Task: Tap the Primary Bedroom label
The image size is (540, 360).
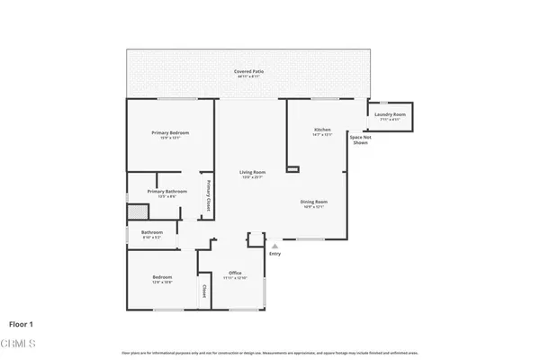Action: pos(170,133)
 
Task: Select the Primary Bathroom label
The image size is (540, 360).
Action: pos(166,191)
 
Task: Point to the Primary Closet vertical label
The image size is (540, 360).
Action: pos(209,193)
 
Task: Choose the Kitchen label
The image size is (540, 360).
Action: pos(322,130)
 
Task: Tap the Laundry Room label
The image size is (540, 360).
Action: pos(392,114)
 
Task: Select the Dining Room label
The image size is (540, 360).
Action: pos(313,202)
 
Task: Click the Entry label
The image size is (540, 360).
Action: pos(274,253)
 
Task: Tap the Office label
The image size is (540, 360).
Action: pos(234,272)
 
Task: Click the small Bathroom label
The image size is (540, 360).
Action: pos(151,233)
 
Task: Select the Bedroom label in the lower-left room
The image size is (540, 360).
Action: pos(162,277)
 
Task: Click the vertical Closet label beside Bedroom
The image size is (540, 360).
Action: pos(204,291)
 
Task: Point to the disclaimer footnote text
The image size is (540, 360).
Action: pos(269,352)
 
